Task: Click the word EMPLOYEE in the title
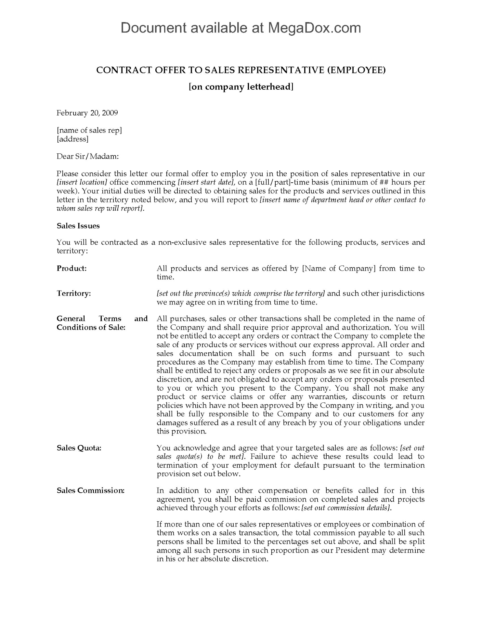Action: [x=356, y=70]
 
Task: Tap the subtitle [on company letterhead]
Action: [x=241, y=87]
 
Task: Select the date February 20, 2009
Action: [x=87, y=113]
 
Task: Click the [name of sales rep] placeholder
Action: [x=89, y=130]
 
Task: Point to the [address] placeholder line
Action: [x=72, y=139]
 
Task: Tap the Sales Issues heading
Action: [x=78, y=226]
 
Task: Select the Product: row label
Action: [x=72, y=268]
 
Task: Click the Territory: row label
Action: [x=74, y=293]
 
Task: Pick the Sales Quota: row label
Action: [x=79, y=448]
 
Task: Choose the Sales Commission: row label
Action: [x=90, y=490]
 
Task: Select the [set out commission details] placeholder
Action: [x=346, y=508]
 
